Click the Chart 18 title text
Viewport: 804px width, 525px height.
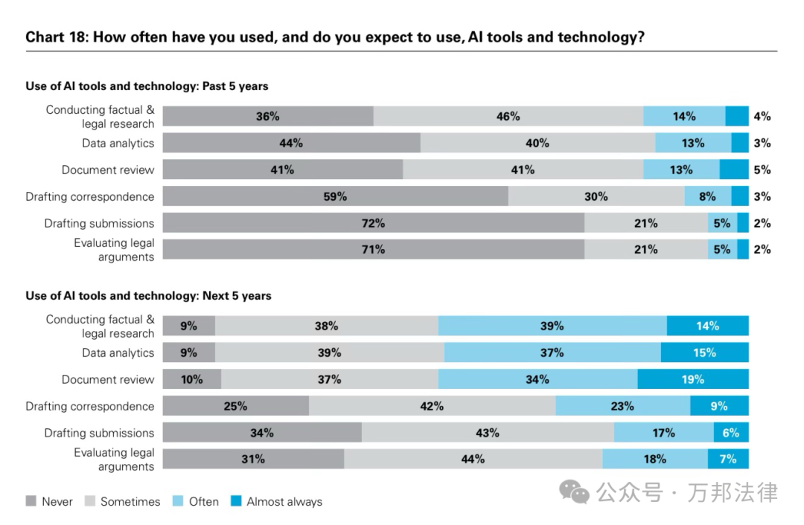335,36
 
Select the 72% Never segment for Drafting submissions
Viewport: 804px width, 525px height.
373,223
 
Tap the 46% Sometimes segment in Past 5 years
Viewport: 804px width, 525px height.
508,116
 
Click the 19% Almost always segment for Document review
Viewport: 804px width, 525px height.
692,379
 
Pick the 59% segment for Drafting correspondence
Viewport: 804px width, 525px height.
335,196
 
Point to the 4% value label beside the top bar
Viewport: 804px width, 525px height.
762,116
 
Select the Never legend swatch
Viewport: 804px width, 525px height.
31,501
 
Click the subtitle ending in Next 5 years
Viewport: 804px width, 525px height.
148,296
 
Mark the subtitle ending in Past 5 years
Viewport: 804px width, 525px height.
147,86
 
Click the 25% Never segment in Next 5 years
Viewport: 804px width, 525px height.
235,406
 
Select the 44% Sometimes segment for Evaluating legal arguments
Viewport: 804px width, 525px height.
473,459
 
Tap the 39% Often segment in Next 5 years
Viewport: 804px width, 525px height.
552,326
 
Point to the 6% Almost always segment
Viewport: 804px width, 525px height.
731,433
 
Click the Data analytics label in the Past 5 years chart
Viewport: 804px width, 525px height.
118,143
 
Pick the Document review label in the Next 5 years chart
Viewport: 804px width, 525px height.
108,379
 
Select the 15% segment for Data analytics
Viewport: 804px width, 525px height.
704,352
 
